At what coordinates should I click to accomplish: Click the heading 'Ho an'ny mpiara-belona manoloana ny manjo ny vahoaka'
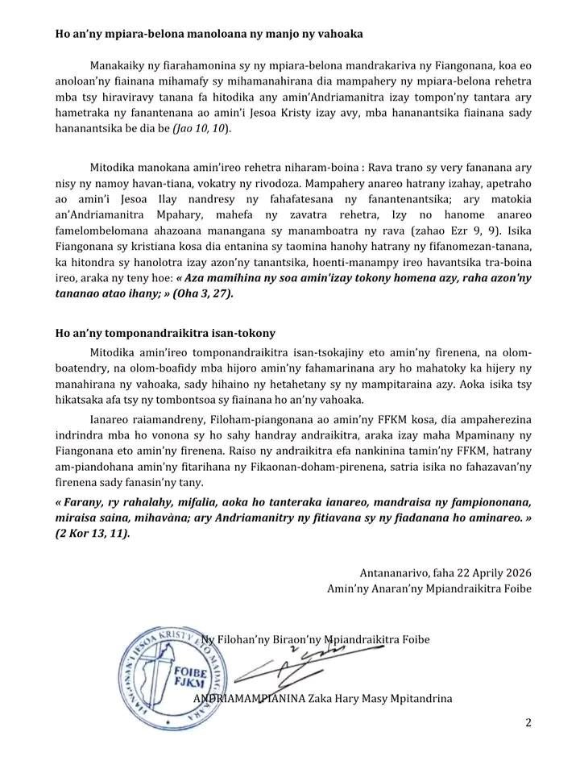209,34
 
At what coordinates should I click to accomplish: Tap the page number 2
528,722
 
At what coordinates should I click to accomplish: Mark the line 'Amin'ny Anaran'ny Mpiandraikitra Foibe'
429,589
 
